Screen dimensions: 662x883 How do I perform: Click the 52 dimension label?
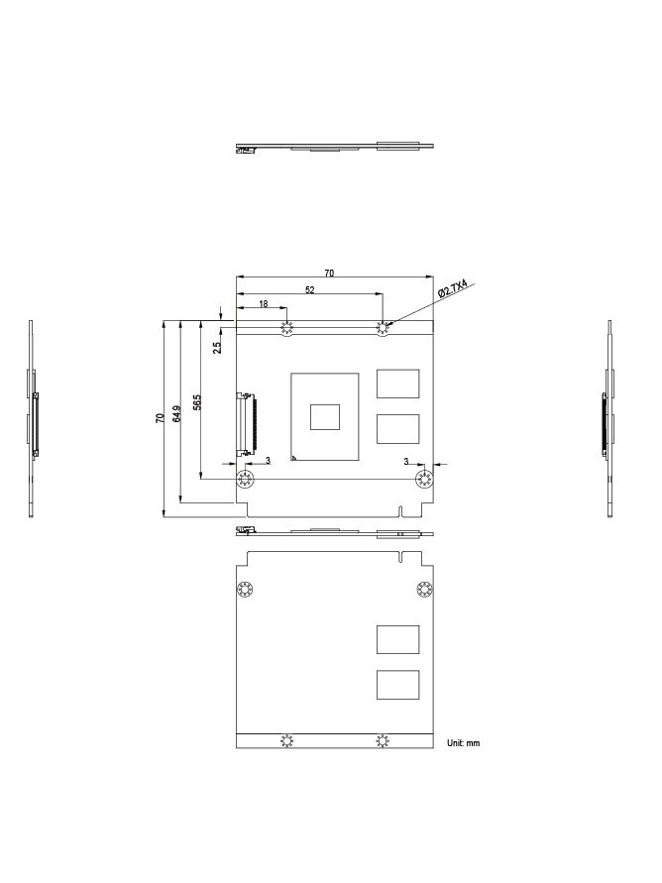309,290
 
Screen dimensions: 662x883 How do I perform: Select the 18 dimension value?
263,304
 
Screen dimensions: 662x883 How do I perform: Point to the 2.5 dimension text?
217,347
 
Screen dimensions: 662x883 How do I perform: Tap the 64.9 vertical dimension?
177,413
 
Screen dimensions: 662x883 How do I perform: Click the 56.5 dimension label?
197,402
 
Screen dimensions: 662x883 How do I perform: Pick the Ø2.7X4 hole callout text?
453,288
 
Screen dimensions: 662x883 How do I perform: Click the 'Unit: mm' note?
463,743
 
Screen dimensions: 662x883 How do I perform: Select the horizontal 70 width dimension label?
329,274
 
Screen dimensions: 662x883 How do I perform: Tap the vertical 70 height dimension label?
160,418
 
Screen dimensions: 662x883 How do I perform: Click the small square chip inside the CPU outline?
325,416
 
